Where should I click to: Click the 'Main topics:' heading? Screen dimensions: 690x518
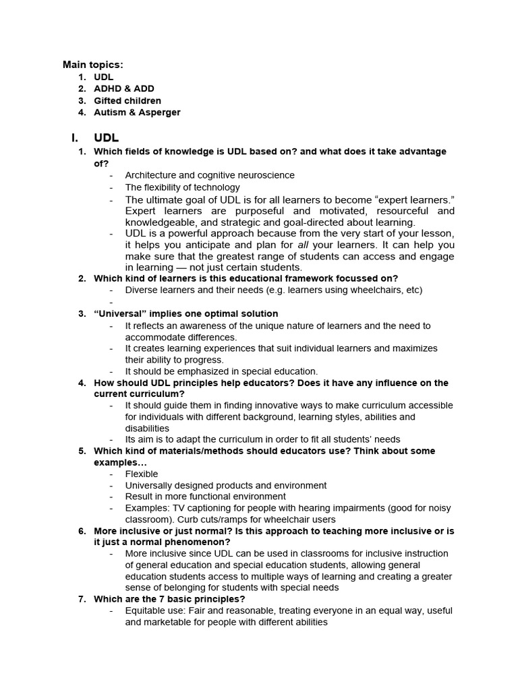pos(93,65)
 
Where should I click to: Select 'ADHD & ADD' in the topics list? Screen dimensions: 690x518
pos(124,89)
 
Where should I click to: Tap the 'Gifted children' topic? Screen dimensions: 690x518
pos(127,101)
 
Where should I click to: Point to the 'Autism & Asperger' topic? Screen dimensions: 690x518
pos(137,113)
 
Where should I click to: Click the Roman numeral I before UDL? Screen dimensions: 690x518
pos(74,137)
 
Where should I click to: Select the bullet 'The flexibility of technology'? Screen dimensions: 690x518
pos(182,187)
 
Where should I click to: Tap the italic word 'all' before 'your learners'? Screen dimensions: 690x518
pos(303,245)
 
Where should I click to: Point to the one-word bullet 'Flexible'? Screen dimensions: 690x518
pos(141,474)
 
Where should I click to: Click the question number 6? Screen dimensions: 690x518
pos(82,531)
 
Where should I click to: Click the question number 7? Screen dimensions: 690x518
pos(82,599)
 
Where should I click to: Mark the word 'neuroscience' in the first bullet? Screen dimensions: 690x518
pos(266,175)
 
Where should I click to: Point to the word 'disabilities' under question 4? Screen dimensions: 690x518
pos(147,428)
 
